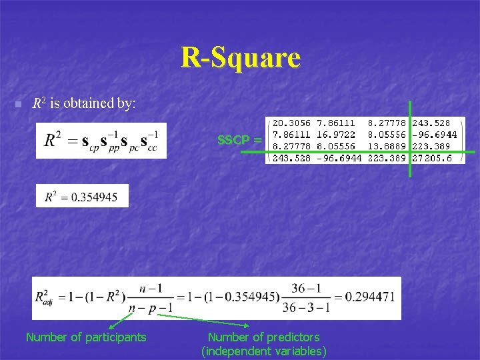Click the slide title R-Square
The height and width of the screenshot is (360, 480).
pos(240,58)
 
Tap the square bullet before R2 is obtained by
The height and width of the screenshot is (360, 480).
pos(18,105)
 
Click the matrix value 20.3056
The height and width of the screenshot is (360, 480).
pos(291,123)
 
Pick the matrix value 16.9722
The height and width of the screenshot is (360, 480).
pos(339,135)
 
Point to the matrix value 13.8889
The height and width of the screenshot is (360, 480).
pos(386,146)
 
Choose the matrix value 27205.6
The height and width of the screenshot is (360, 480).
pos(431,158)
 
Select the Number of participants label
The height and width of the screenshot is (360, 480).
pos(85,337)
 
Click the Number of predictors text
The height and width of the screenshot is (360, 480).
pos(263,337)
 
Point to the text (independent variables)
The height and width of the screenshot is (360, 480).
pos(263,351)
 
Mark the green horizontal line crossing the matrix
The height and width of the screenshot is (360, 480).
pos(467,153)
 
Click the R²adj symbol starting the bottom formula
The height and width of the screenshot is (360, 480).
pos(47,297)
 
